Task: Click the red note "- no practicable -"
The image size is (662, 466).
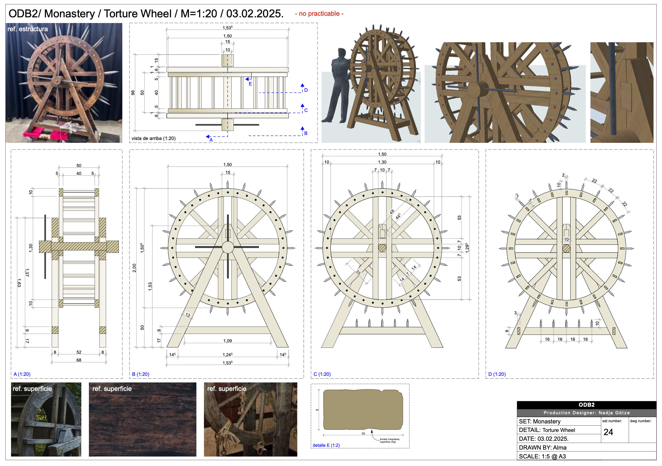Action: click(x=319, y=14)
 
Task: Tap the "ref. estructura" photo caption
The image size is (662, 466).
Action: click(x=28, y=29)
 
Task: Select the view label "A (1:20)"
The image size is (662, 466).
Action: click(x=22, y=374)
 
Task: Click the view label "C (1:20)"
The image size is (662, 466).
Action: click(x=322, y=374)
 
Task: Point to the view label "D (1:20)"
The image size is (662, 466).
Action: click(x=497, y=374)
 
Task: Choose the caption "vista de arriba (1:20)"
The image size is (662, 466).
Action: click(x=154, y=138)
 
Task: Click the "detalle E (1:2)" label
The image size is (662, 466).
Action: click(x=326, y=445)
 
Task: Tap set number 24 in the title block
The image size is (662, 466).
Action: click(x=608, y=432)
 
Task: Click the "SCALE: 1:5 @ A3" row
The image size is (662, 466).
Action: click(x=542, y=456)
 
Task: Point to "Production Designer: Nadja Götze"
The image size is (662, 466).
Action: click(x=586, y=413)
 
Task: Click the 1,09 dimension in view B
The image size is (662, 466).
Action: click(x=227, y=341)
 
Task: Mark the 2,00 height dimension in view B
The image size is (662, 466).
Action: click(x=134, y=268)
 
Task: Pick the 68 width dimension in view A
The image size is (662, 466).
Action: click(x=79, y=360)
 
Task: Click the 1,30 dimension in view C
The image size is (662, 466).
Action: click(x=382, y=162)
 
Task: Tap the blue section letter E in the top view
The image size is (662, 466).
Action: click(x=250, y=84)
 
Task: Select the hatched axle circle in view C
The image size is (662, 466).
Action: click(x=382, y=248)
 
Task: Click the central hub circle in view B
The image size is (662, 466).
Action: click(x=228, y=247)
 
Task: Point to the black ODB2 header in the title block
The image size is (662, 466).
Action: click(x=586, y=405)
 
